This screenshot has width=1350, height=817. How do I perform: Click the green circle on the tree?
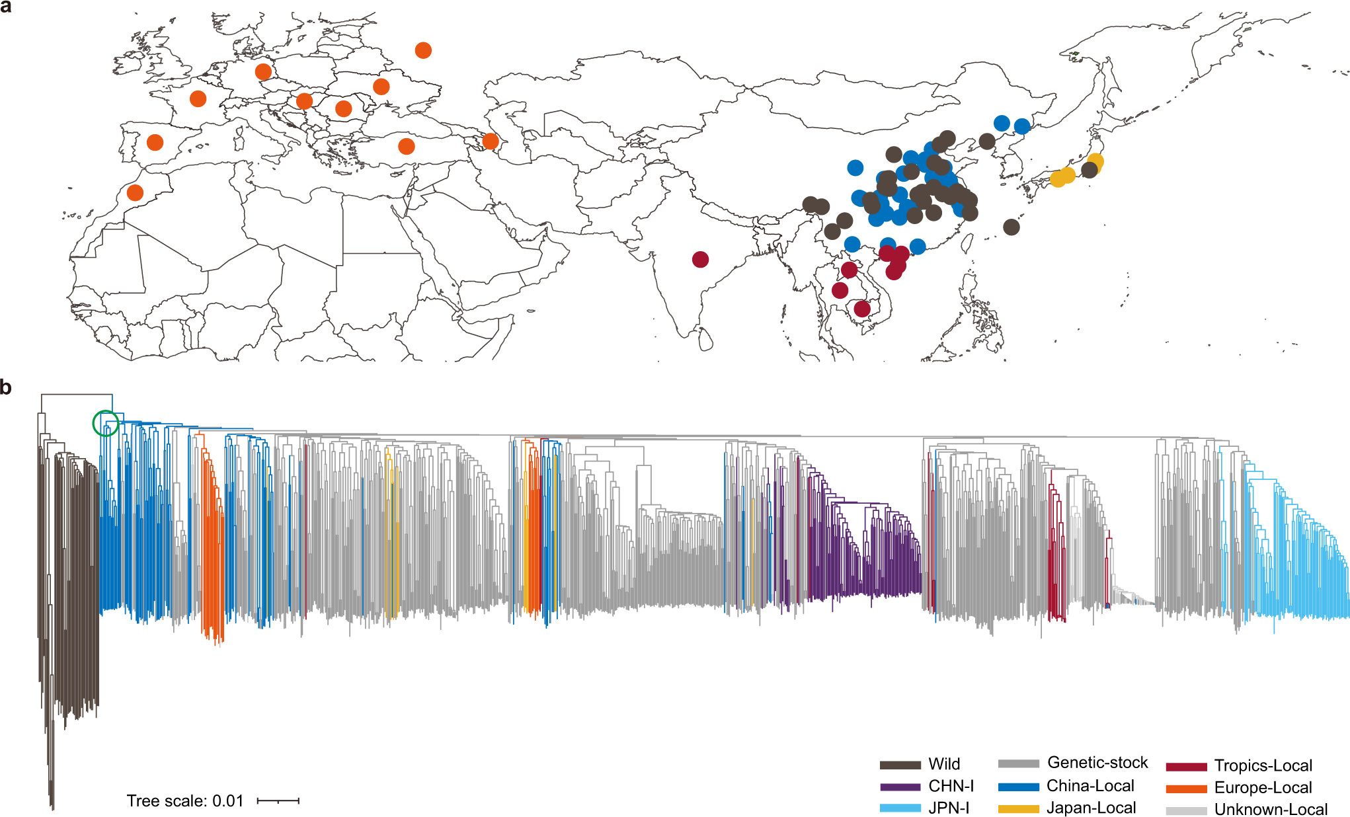[x=105, y=423]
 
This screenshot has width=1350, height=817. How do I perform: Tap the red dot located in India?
[x=700, y=259]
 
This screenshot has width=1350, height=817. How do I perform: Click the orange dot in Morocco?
[x=135, y=193]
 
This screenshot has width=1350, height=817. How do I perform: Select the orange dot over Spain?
[x=155, y=142]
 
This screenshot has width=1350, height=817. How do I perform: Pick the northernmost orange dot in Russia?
[x=423, y=50]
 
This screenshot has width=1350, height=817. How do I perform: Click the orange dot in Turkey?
[x=407, y=146]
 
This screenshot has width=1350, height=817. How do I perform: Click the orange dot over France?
[x=198, y=99]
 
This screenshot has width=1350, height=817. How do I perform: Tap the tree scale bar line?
[x=278, y=800]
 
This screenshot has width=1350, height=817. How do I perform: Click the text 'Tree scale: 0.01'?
[x=185, y=801]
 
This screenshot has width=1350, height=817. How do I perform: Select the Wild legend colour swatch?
[x=900, y=765]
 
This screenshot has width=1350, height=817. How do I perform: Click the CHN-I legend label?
[x=951, y=786]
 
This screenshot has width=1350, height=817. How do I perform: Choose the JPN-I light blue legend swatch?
[x=900, y=808]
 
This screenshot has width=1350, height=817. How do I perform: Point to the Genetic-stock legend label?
[x=1097, y=763]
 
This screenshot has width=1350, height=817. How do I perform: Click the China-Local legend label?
[x=1090, y=786]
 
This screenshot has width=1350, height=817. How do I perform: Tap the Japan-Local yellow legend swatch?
[x=1018, y=808]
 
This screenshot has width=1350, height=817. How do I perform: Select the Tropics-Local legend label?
[x=1263, y=765]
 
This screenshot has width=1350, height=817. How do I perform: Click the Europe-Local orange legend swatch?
[x=1186, y=789]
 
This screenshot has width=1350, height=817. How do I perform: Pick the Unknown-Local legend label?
[x=1271, y=809]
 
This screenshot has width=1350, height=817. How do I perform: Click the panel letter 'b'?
[x=6, y=387]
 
